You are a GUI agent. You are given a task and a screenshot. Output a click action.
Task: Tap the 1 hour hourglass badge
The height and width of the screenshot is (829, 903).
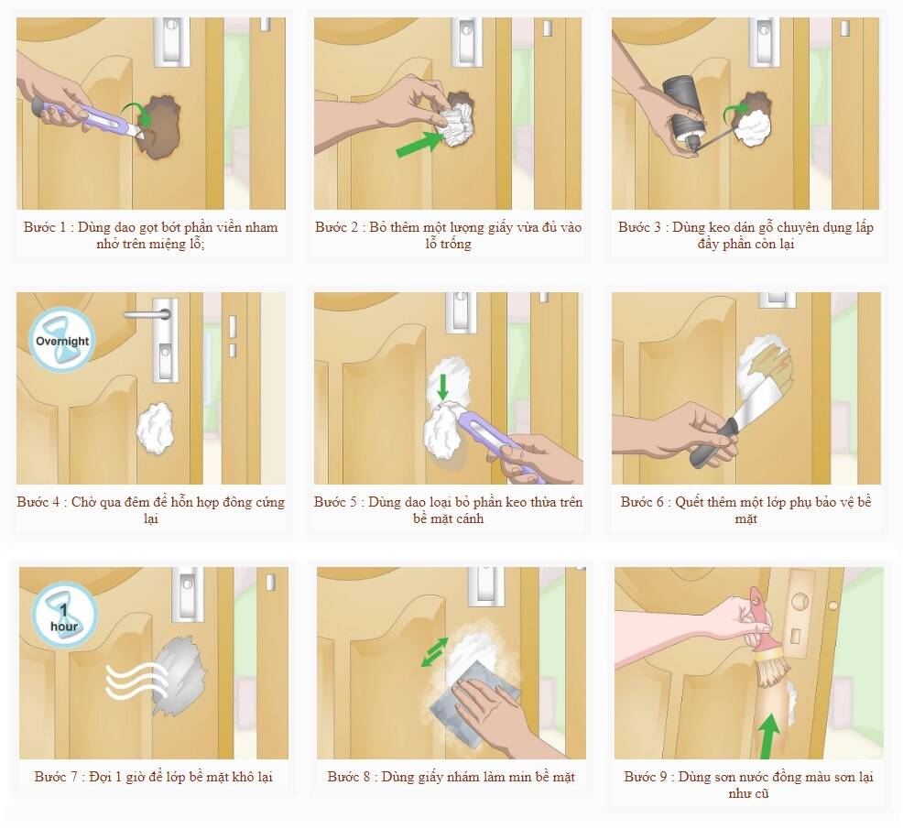point(64,616)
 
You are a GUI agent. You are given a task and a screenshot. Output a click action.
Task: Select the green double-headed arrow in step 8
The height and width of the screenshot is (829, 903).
point(434,651)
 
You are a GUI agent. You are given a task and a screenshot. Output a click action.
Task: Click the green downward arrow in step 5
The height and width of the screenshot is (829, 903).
point(442,387)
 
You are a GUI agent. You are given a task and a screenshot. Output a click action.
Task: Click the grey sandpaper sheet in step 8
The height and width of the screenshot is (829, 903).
point(473,700)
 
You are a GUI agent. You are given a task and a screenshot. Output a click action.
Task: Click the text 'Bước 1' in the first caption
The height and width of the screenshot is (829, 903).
point(45,226)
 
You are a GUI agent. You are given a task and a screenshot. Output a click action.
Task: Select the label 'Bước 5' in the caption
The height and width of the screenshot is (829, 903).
point(335,502)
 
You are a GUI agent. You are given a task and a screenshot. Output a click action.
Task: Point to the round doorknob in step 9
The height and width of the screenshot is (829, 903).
point(799,602)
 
